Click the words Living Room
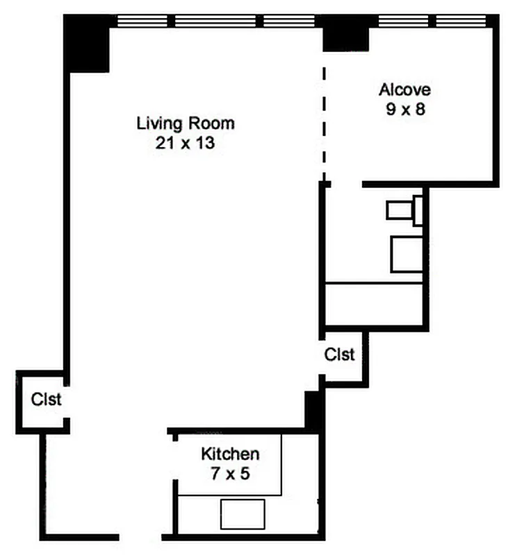(185, 124)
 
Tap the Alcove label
(404, 89)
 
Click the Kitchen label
(230, 454)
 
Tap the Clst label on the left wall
(46, 400)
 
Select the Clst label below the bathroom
(340, 355)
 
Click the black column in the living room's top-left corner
(87, 43)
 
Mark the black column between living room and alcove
(345, 33)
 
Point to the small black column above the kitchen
(313, 409)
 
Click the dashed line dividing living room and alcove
(323, 118)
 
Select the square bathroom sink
(406, 253)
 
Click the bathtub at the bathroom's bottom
(374, 303)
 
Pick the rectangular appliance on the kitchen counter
(243, 513)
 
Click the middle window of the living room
(215, 22)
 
